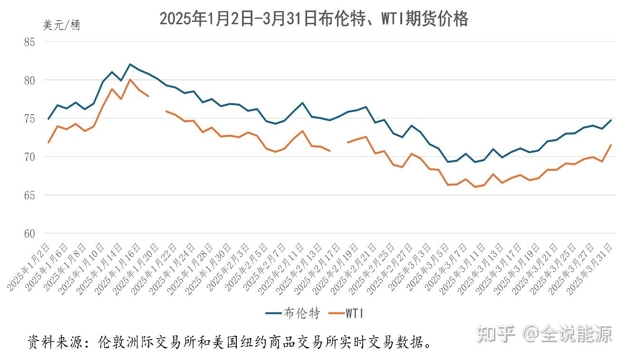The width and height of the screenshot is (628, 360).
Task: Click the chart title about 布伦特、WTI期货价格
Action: (314, 19)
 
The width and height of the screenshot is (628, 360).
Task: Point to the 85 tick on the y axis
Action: (29, 42)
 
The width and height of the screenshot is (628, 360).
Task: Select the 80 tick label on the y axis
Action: (29, 80)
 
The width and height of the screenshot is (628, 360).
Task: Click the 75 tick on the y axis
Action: (29, 118)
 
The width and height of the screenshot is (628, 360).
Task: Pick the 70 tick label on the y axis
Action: (29, 157)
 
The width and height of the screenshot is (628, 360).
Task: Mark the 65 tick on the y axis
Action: (29, 195)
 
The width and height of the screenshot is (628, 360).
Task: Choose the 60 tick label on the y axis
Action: (29, 234)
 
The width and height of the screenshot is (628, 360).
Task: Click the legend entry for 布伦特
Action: (293, 313)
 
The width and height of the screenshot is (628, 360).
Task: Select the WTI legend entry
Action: (348, 313)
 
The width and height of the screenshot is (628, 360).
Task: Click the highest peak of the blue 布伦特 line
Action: (130, 64)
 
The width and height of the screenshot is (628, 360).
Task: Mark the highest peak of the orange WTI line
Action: (130, 79)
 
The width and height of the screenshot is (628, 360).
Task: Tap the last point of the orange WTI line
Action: (611, 145)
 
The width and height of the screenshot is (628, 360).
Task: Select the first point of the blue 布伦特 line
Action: (48, 118)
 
